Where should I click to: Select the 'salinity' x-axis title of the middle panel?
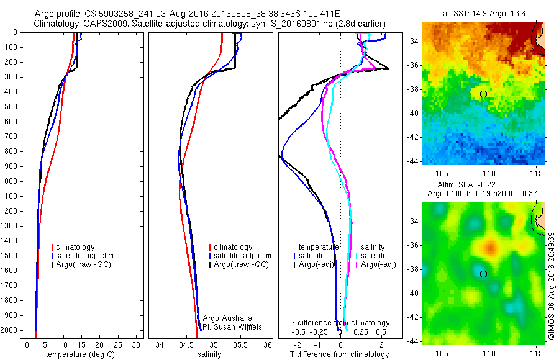[209, 354]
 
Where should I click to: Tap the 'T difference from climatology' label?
[340, 354]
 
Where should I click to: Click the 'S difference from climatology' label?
[340, 323]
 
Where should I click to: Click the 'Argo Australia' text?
[228, 318]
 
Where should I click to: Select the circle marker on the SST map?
[483, 94]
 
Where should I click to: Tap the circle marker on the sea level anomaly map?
[483, 274]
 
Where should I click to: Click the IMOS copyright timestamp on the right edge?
[551, 286]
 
